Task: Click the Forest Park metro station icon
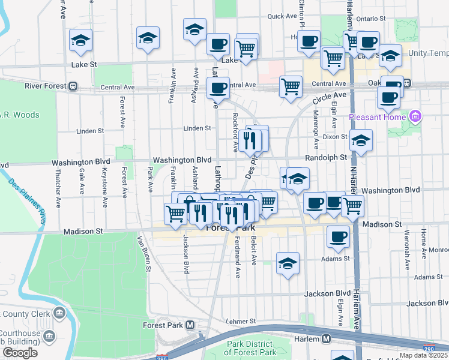[190, 325]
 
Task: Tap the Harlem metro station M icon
[326, 338]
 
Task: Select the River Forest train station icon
[73, 86]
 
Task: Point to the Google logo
[20, 353]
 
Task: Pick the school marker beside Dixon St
[361, 142]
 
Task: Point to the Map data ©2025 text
[423, 355]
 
